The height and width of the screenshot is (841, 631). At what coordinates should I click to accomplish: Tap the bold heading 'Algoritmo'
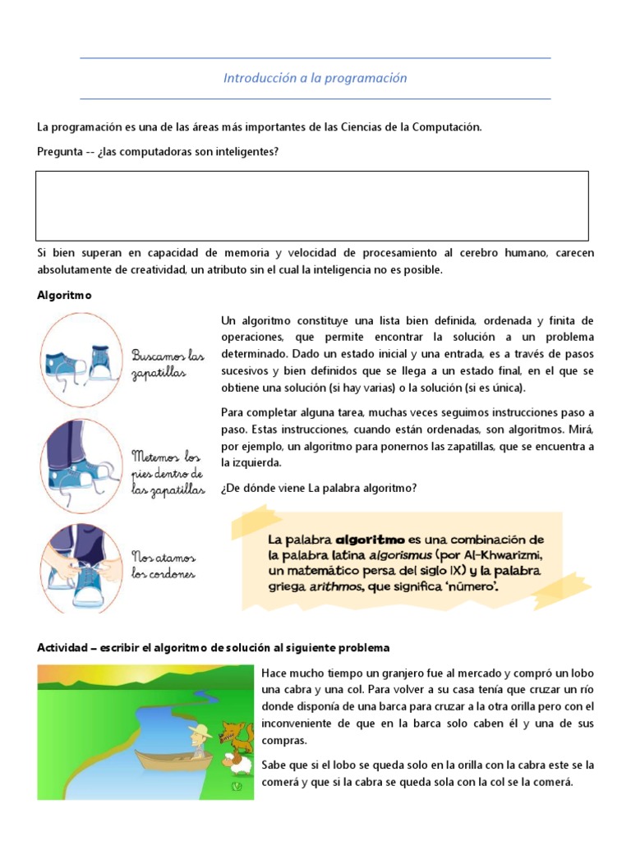pos(62,295)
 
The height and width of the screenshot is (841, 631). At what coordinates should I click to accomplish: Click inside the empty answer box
pos(312,205)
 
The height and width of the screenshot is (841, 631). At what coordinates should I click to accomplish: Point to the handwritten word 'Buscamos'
pos(158,355)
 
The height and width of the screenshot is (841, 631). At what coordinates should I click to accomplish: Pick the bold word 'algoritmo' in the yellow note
pos(370,540)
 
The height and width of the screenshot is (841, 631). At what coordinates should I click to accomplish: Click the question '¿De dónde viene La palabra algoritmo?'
pos(319,488)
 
